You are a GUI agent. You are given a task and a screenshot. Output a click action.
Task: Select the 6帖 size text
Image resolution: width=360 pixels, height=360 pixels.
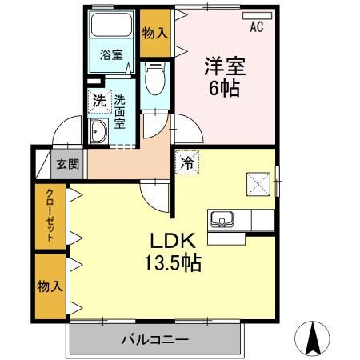[x=226, y=87]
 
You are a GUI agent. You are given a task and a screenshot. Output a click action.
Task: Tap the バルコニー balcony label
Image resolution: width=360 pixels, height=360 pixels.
[x=155, y=339]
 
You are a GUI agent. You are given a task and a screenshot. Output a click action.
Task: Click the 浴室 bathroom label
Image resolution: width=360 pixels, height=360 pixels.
[x=111, y=55]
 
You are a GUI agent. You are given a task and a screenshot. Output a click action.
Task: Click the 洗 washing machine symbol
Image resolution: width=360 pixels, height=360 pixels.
[x=98, y=102]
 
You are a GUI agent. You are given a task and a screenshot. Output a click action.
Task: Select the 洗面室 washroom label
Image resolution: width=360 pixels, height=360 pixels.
[x=119, y=113]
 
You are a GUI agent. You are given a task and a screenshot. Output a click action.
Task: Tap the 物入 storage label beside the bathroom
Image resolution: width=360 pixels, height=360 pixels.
[x=154, y=34]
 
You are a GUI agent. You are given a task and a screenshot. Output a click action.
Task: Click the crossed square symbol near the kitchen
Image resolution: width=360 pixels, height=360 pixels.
[x=258, y=183]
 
